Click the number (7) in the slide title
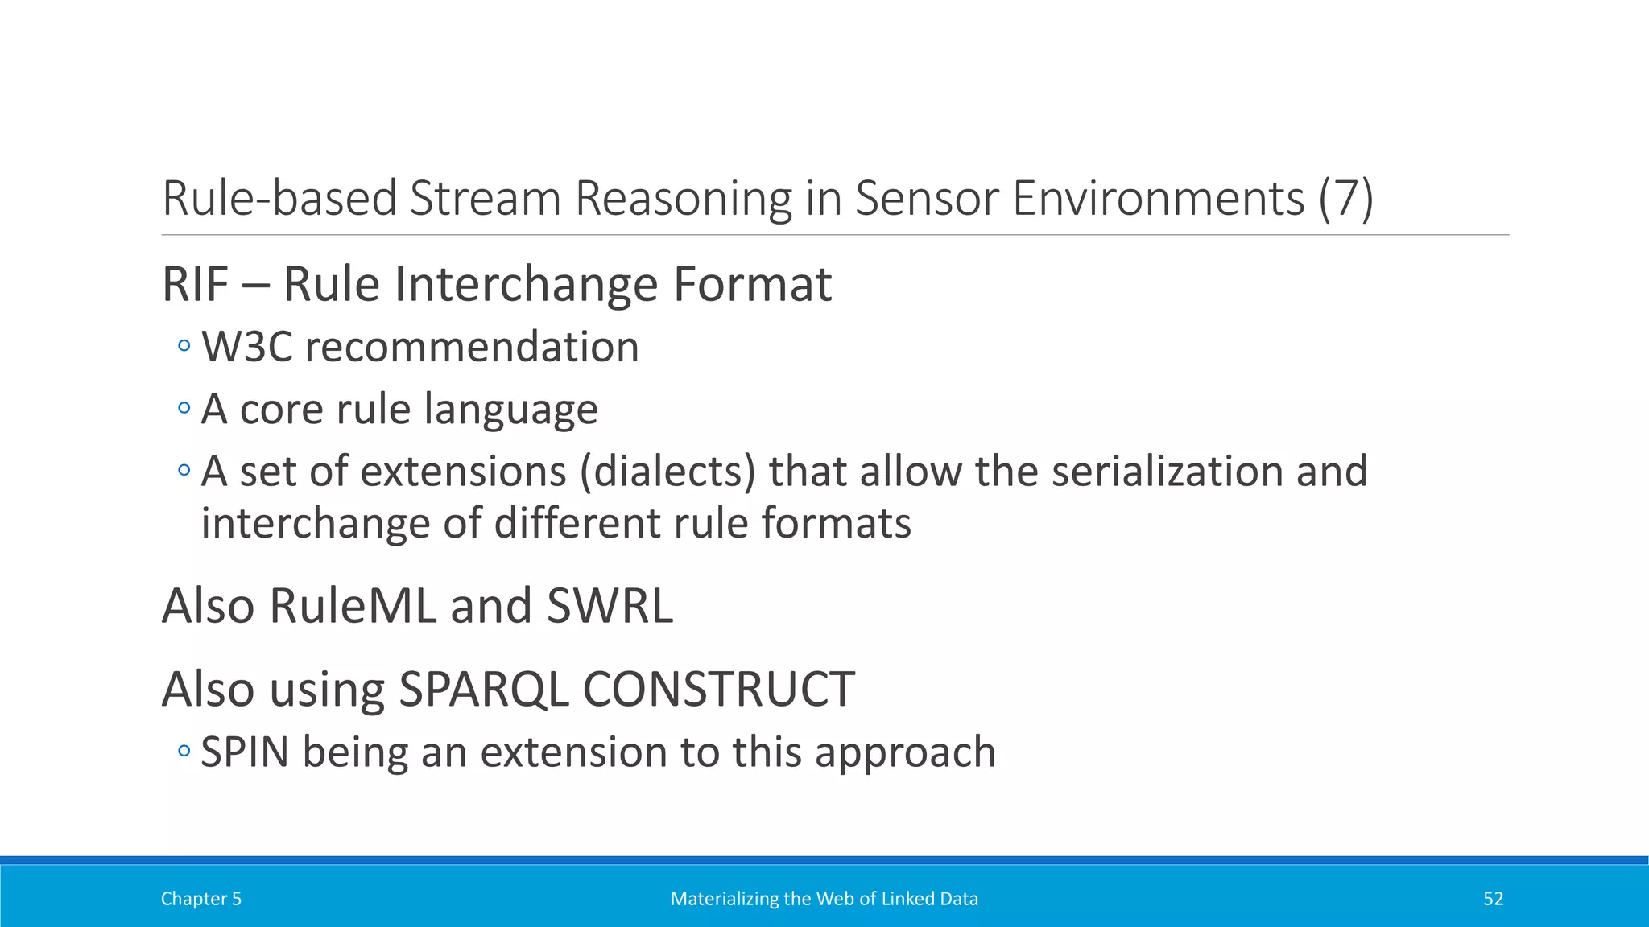click(1345, 198)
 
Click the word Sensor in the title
click(927, 198)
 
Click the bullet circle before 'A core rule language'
click(184, 408)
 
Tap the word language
click(510, 409)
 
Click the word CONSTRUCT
click(717, 690)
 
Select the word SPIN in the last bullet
click(245, 752)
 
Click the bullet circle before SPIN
click(184, 752)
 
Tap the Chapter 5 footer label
click(201, 899)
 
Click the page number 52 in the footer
click(1493, 899)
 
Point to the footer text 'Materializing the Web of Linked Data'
click(824, 899)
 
